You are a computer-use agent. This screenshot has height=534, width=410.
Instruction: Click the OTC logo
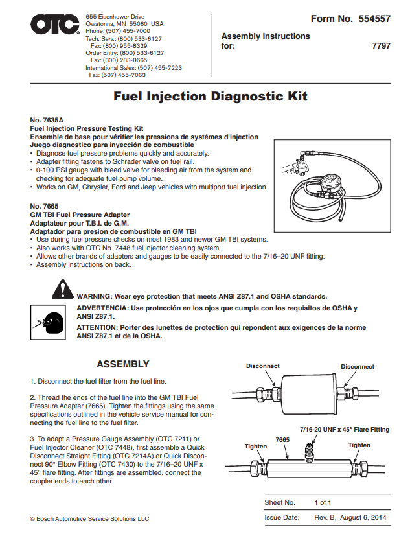coord(54,27)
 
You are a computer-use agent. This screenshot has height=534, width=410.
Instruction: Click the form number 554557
coord(374,19)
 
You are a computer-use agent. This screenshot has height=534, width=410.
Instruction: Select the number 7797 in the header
coord(381,47)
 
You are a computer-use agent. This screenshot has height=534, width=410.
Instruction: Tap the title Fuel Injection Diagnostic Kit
coord(211,97)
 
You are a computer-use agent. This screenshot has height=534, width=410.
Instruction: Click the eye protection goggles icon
coord(46,319)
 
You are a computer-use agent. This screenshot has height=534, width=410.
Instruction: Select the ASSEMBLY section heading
coord(122,364)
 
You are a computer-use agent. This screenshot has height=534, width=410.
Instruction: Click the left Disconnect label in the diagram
coord(262,366)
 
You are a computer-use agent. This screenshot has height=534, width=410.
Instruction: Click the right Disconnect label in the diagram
coord(358,367)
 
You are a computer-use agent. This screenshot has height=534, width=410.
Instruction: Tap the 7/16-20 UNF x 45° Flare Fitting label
coord(345,429)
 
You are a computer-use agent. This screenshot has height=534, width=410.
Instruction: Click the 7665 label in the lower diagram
coord(282,440)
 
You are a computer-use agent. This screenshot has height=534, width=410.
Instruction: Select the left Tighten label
coord(255,446)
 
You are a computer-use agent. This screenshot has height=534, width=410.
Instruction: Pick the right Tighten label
coord(359,445)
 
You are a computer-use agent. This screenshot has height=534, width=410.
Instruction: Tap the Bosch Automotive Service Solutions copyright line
coord(89,518)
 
